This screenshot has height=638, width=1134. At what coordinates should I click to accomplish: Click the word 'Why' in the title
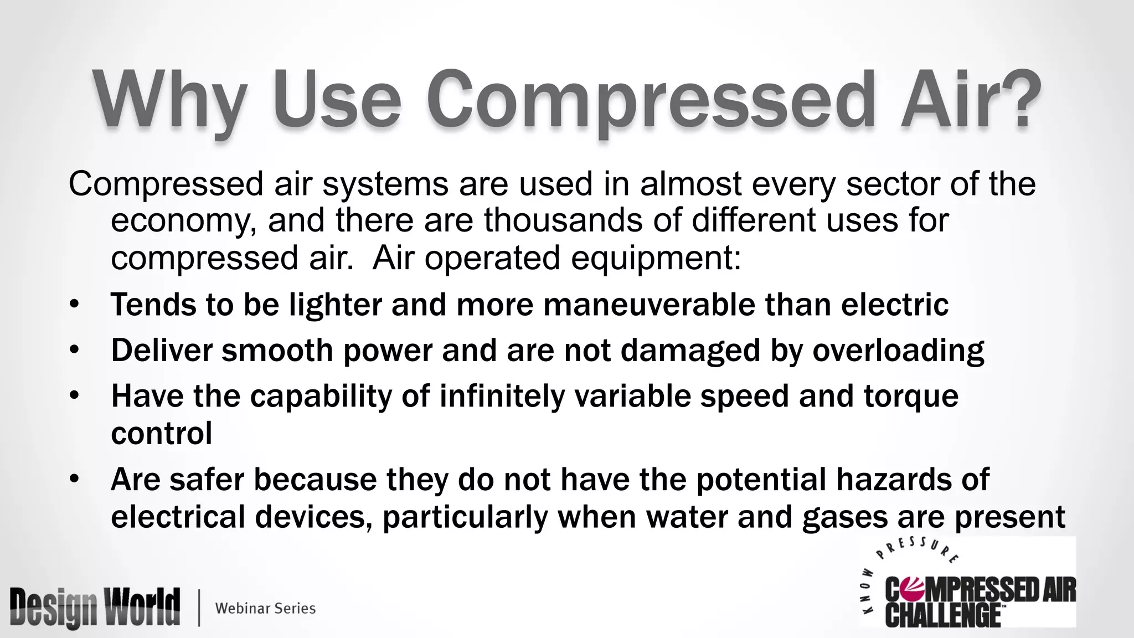click(x=169, y=100)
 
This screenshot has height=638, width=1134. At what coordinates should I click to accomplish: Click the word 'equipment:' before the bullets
click(x=656, y=258)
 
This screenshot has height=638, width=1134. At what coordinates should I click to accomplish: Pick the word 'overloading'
click(x=898, y=351)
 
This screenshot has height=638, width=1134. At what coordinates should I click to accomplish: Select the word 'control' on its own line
click(x=162, y=433)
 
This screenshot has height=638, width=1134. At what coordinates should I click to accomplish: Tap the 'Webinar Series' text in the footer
click(x=265, y=608)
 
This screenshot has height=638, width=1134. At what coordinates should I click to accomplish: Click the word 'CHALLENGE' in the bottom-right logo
click(x=942, y=616)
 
